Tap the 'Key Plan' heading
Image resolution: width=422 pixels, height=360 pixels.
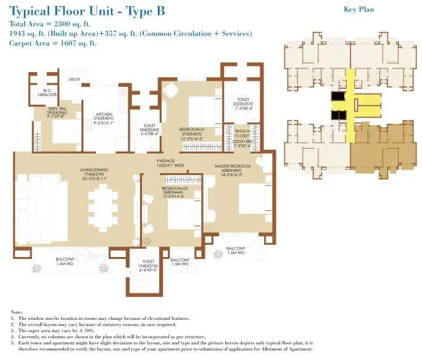(x=358, y=9)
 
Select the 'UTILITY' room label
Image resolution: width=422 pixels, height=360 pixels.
(x=75, y=80)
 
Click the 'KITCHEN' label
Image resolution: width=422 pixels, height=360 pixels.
(x=104, y=115)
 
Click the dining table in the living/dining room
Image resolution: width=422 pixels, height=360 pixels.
(x=102, y=207)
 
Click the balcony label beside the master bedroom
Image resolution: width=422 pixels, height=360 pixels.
(x=235, y=250)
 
